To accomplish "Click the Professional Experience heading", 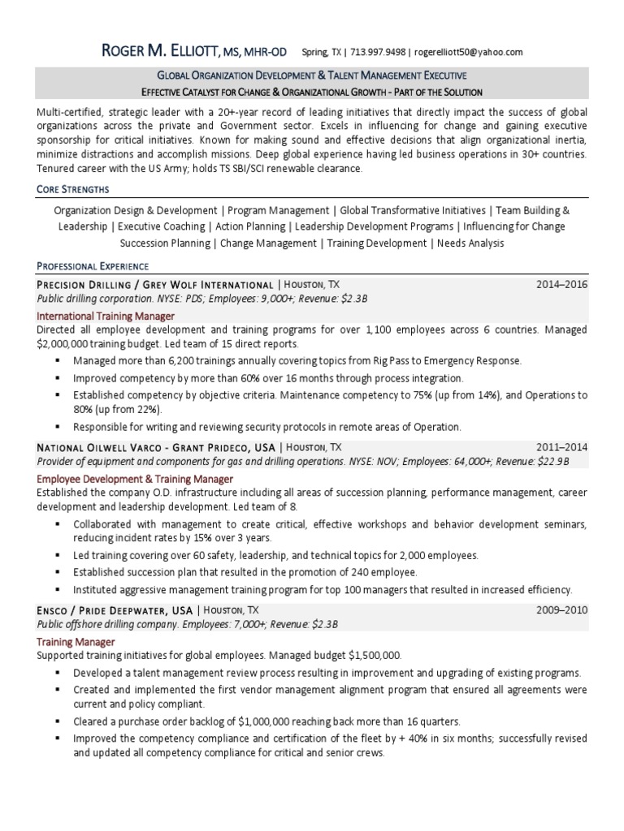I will pos(93,265).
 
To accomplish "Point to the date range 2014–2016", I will pos(561,285).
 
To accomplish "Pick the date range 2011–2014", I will pos(561,447).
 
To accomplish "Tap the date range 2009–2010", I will pos(561,609).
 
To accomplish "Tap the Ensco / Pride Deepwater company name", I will pos(115,609).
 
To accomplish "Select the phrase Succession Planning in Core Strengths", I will pos(165,243).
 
